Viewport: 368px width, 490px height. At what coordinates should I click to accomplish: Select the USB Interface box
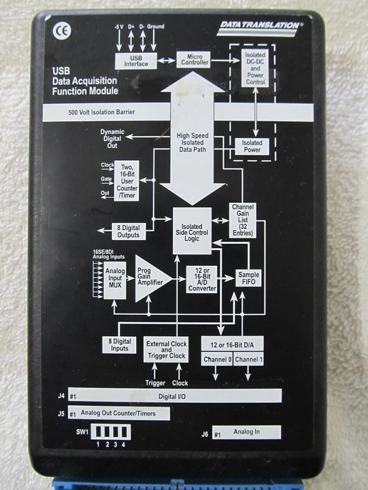click(136, 61)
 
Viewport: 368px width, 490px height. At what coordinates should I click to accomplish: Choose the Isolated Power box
click(252, 146)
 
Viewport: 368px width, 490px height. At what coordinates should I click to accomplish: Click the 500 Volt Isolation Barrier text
click(102, 112)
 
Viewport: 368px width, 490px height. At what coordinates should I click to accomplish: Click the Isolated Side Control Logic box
click(192, 231)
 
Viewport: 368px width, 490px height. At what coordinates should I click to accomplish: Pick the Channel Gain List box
click(243, 220)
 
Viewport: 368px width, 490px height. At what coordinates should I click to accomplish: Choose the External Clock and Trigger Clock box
click(166, 350)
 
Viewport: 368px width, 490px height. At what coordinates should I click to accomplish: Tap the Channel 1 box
click(248, 360)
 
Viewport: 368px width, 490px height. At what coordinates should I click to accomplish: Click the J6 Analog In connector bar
click(247, 432)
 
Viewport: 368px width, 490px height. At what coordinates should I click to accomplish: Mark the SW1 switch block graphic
click(112, 433)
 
